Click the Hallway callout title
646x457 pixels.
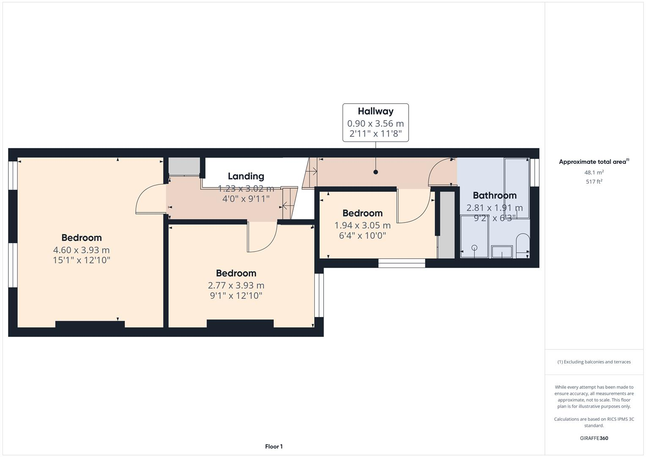[375, 111]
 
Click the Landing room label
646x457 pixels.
[246, 176]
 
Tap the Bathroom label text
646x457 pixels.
[494, 195]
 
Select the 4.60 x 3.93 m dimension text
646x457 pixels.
[81, 250]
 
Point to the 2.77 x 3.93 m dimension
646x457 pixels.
[236, 286]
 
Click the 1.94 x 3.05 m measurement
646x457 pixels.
[362, 226]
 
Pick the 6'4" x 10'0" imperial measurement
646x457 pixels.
[362, 236]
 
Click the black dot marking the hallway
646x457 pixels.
[375, 172]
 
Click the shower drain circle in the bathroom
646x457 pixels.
[474, 248]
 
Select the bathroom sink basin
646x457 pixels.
[502, 252]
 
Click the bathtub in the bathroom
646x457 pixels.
[517, 188]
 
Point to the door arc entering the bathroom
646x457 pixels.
[441, 171]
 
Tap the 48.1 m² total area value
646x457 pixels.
[594, 173]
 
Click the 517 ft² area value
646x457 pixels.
[594, 182]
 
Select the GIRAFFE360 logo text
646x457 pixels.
[594, 438]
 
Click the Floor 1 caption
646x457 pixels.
[274, 446]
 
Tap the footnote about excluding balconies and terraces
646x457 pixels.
[594, 362]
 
